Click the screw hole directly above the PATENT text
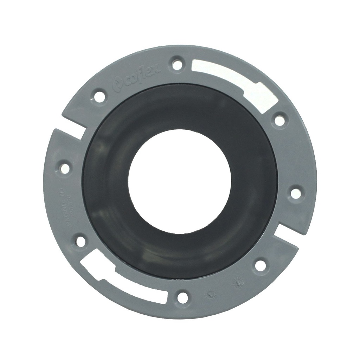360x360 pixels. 65,168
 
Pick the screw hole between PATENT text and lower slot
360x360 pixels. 81,242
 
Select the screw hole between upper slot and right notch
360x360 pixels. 296,193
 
